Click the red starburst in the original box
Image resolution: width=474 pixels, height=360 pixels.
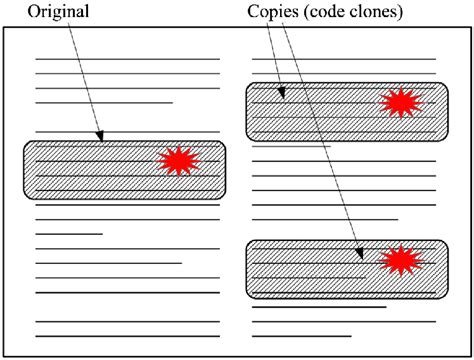[x=180, y=161]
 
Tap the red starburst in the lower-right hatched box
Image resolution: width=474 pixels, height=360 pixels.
[x=400, y=261]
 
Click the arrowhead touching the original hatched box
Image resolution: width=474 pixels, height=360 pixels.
[x=99, y=136]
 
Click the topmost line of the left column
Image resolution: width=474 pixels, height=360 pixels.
[x=127, y=60]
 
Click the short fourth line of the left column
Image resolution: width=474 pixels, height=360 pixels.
[x=104, y=102]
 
